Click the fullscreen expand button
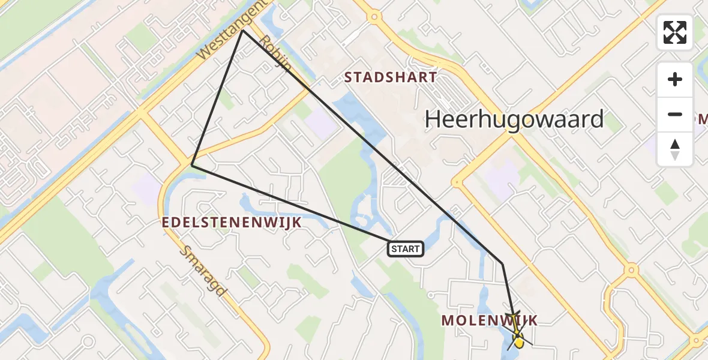pyautogui.click(x=674, y=32)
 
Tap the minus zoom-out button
pyautogui.click(x=674, y=114)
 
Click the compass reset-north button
pyautogui.click(x=674, y=149)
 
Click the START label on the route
pyautogui.click(x=406, y=248)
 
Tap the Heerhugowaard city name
pyautogui.click(x=514, y=120)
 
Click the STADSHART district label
pyautogui.click(x=390, y=77)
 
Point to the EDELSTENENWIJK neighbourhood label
pyautogui.click(x=231, y=223)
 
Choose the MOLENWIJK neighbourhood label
pyautogui.click(x=490, y=320)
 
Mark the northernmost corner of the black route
pyautogui.click(x=242, y=31)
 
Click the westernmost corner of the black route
pyautogui.click(x=191, y=164)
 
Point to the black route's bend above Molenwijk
pyautogui.click(x=502, y=263)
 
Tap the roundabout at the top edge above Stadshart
pyautogui.click(x=373, y=17)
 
